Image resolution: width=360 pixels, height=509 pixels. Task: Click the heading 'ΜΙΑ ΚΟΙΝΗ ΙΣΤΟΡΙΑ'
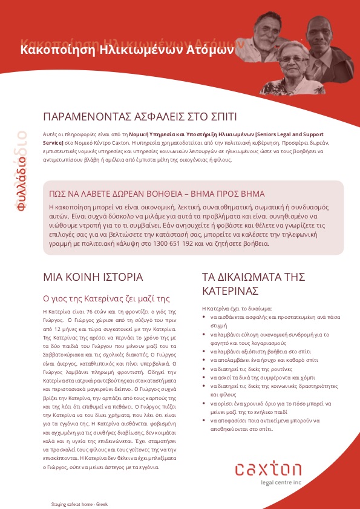click(93, 277)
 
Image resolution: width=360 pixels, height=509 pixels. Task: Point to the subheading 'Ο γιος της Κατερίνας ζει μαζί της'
click(104, 298)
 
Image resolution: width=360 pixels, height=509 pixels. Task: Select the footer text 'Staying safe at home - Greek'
click(79, 504)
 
